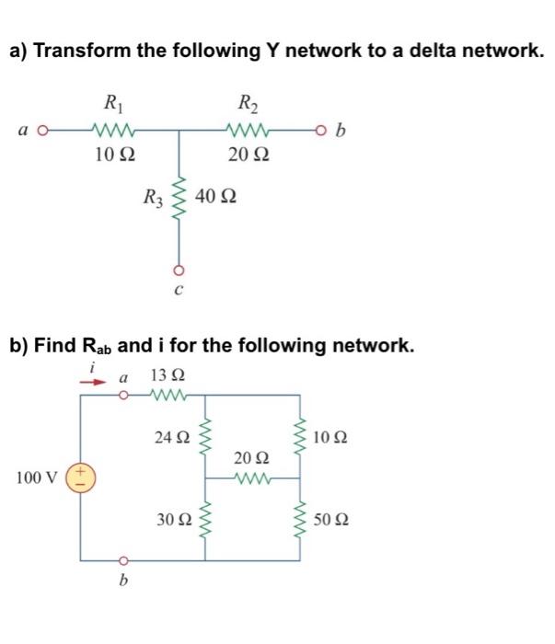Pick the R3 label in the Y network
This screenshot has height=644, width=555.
pyautogui.click(x=152, y=197)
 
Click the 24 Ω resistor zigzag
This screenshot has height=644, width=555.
pyautogui.click(x=203, y=437)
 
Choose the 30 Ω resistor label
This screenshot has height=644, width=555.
pyautogui.click(x=171, y=520)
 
